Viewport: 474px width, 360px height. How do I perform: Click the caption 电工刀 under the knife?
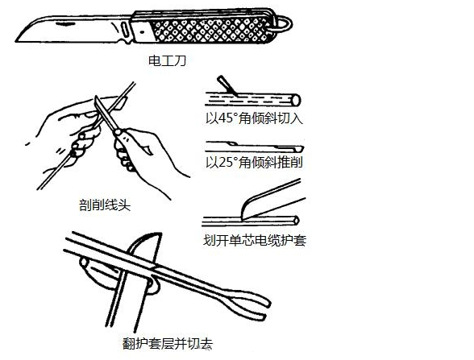(167, 60)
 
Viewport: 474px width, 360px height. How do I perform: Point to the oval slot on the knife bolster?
(124, 30)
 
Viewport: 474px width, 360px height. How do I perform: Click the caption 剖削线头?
(105, 205)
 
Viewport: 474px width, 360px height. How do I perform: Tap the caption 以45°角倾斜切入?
(254, 118)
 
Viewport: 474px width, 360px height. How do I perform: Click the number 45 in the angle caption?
(225, 118)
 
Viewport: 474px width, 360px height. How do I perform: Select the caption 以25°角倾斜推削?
(254, 163)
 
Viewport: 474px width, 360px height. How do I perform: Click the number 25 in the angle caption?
(225, 163)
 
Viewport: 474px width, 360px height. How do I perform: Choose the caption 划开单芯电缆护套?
(255, 241)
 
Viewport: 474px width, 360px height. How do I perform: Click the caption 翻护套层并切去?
(168, 343)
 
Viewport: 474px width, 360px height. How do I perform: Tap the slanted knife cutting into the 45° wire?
(227, 85)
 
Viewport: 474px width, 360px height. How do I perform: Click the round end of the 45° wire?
(295, 100)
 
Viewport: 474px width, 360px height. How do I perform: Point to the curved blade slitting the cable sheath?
(272, 200)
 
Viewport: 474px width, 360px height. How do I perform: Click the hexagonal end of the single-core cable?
(295, 221)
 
